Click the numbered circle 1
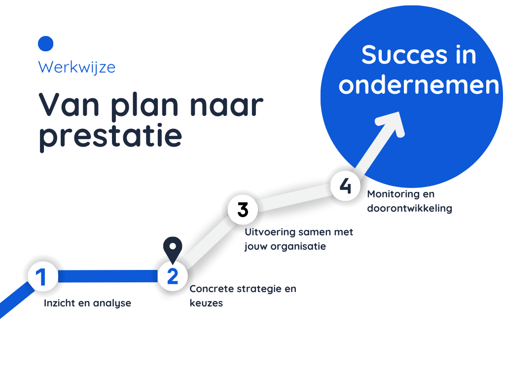(42, 277)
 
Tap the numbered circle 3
(243, 210)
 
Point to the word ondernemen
(419, 85)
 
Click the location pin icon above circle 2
(172, 248)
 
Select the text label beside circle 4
(409, 201)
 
